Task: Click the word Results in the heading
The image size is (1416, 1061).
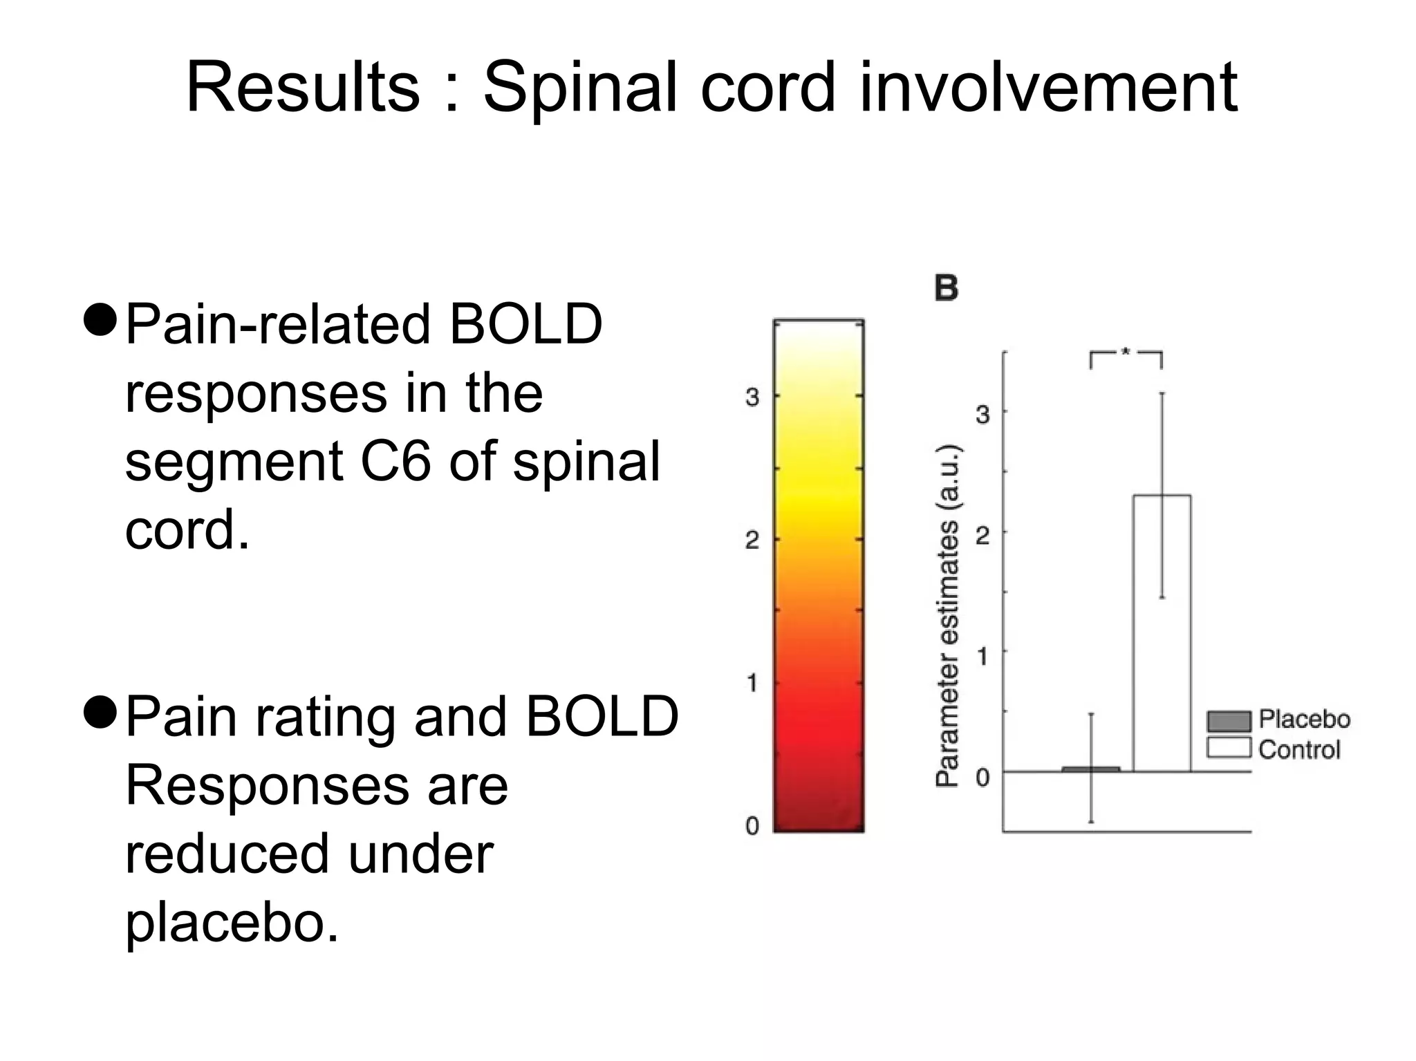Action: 302,88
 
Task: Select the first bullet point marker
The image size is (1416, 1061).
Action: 101,320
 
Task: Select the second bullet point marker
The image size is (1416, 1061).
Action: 101,713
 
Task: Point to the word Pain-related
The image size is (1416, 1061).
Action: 277,324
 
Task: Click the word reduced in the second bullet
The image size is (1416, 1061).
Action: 226,854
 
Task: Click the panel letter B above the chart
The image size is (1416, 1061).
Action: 947,288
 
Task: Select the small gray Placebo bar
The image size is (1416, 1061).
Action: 1091,769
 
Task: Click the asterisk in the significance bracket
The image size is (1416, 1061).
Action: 1126,353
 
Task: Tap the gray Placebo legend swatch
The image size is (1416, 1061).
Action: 1229,721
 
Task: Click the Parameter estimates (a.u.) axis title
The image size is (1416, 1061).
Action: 947,615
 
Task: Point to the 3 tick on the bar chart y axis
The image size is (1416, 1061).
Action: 982,414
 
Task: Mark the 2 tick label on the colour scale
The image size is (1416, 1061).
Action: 752,540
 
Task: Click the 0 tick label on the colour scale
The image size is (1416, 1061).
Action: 752,825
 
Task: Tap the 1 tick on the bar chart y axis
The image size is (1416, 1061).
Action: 982,655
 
